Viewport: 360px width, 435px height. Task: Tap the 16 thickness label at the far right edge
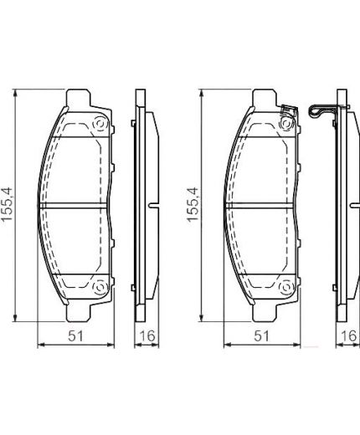[x=343, y=336]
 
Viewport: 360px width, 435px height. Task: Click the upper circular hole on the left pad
[x=100, y=125]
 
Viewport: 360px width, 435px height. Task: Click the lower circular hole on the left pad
[x=100, y=288]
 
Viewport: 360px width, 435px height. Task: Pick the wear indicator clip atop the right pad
[x=288, y=109]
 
